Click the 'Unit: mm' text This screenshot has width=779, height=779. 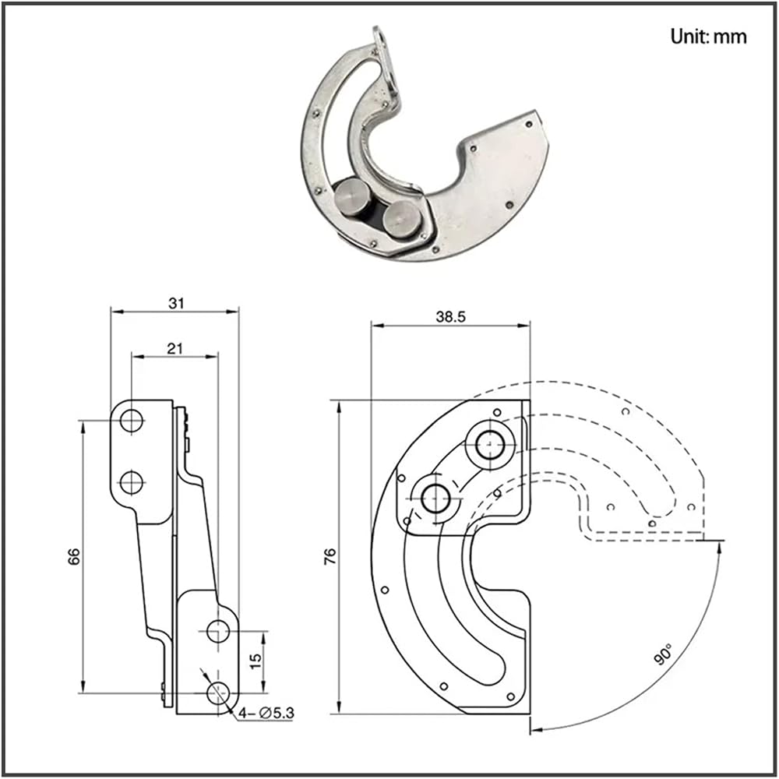click(708, 37)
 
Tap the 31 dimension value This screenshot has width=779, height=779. click(176, 303)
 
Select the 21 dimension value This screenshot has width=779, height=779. click(174, 349)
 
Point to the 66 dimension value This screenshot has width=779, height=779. click(73, 556)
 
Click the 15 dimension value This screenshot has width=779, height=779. click(255, 661)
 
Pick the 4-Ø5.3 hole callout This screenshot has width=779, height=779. click(266, 713)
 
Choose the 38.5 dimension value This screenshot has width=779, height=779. click(450, 317)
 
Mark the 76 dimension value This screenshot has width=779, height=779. click(330, 556)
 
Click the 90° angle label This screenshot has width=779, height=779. click(663, 654)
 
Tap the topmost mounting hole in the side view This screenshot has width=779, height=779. click(131, 421)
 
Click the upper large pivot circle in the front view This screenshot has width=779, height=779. click(490, 444)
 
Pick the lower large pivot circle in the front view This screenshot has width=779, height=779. click(435, 499)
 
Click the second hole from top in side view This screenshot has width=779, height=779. click(131, 482)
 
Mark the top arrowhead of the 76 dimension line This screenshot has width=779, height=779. click(340, 408)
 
